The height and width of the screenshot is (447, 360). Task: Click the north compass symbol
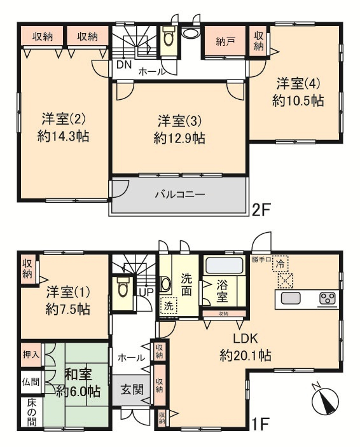point(325,399)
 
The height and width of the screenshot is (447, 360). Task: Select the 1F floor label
point(260,424)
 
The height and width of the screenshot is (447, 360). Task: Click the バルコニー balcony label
point(180,195)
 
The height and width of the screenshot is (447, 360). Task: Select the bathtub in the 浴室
point(225,265)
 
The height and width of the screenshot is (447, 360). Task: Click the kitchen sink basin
point(291,298)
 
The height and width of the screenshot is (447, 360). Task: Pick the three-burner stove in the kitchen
point(327,299)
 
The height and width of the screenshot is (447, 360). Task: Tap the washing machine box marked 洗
point(169,306)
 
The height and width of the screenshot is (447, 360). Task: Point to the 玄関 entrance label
point(132,389)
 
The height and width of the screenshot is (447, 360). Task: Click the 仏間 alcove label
point(31,382)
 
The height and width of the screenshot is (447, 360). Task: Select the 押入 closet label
point(31,355)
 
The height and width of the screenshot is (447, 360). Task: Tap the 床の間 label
point(32,412)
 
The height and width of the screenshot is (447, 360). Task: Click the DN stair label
point(124,65)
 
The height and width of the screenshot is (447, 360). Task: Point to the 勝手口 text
point(261,259)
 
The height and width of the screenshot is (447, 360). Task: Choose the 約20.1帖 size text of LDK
point(246,355)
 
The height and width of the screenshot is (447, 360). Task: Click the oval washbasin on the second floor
point(190,33)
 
